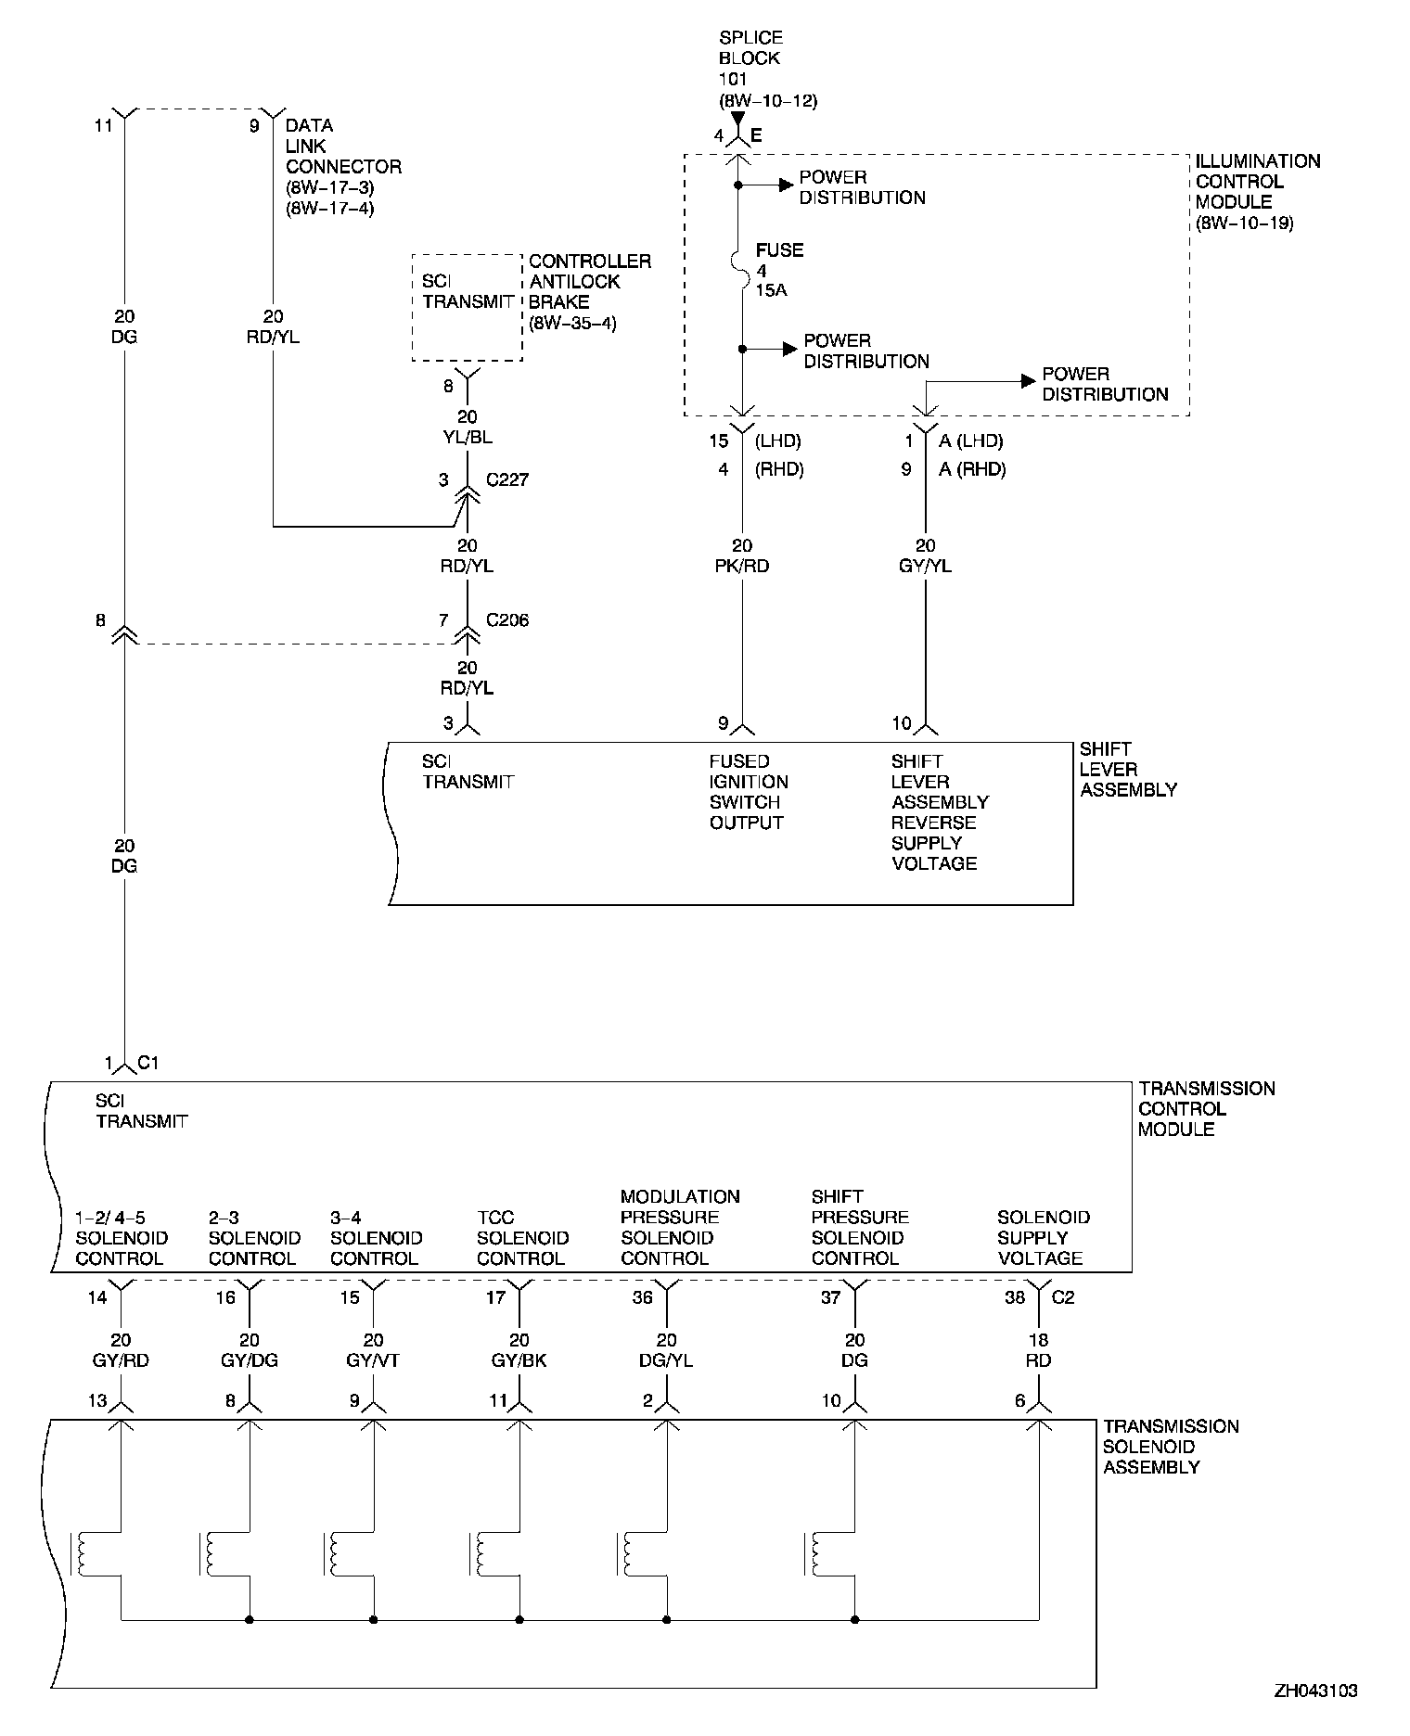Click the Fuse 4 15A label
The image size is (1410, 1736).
[778, 271]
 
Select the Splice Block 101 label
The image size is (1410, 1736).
[767, 69]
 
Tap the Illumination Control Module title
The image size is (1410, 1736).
[1257, 192]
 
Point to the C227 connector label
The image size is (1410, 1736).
[507, 480]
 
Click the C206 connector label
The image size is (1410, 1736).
[507, 620]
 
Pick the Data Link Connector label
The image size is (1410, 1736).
[342, 167]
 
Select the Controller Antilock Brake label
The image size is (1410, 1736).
[589, 292]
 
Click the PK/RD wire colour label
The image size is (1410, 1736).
[742, 566]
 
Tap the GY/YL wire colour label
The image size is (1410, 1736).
[925, 566]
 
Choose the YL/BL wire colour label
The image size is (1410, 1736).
[468, 438]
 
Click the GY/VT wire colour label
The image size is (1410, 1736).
[373, 1360]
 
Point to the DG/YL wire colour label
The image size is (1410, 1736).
[666, 1360]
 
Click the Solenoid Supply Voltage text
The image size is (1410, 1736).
[1042, 1238]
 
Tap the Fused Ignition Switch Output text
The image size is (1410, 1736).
[749, 792]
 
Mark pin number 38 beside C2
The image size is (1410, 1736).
[1016, 1297]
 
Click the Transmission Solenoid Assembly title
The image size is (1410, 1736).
[1170, 1447]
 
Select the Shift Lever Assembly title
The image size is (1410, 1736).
[1128, 770]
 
